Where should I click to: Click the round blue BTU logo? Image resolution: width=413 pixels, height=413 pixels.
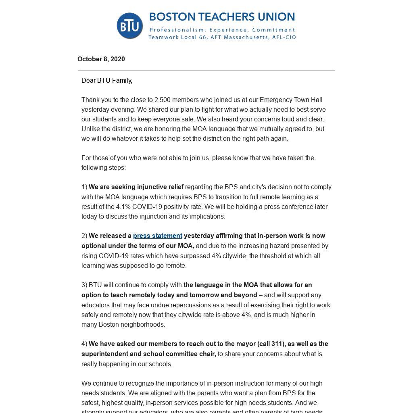pos(130,26)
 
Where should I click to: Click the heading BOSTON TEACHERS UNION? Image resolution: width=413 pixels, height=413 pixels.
pos(222,17)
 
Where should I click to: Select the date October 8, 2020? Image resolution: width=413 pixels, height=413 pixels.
pos(101,59)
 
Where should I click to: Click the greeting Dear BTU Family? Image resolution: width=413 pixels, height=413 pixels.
pos(107,80)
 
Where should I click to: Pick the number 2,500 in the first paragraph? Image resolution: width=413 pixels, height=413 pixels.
pos(163,100)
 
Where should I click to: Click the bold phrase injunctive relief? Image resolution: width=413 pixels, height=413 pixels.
pos(160,187)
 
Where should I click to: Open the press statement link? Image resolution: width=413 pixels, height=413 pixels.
pos(158,236)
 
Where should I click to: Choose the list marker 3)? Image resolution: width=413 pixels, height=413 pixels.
pos(84,285)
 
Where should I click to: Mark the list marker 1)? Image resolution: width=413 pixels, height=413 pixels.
pos(84,187)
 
